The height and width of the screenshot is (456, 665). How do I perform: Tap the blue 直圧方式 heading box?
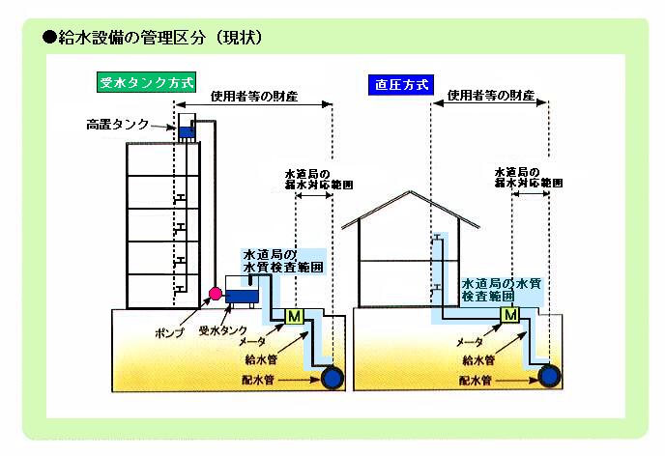click(399, 83)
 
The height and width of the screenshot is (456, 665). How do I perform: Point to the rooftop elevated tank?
click(187, 128)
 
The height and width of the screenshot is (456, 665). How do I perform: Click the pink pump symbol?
click(216, 294)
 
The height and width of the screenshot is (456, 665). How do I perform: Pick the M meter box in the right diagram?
click(511, 315)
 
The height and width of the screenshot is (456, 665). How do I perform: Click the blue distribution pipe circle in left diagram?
click(332, 378)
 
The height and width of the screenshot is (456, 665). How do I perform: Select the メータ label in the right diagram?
click(470, 343)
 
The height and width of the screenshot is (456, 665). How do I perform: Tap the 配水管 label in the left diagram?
click(260, 380)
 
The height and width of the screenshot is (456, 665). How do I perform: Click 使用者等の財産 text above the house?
click(488, 98)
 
